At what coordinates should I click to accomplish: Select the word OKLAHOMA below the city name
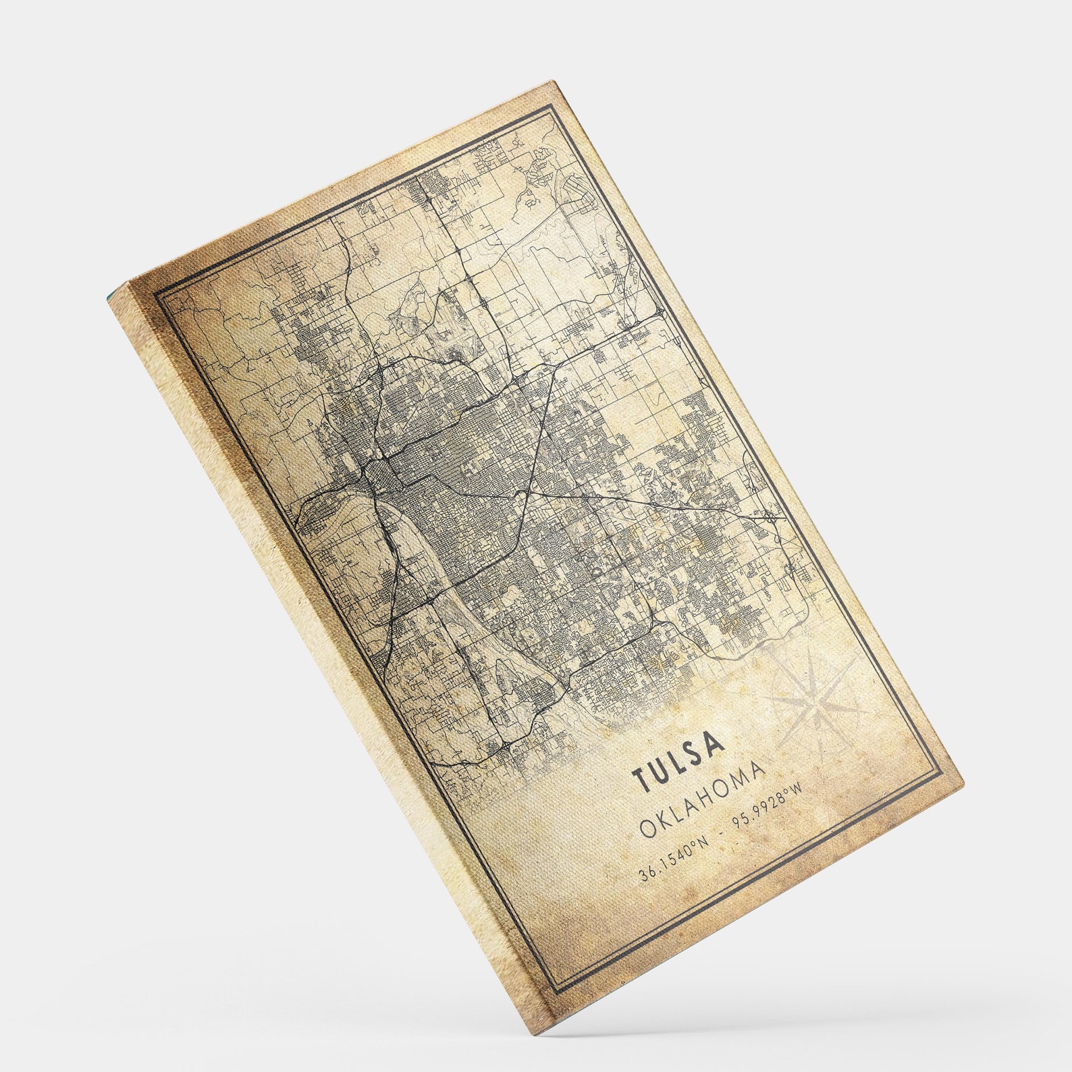[x=703, y=800]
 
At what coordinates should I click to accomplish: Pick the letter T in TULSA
[x=639, y=780]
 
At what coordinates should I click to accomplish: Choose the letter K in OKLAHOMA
[x=665, y=820]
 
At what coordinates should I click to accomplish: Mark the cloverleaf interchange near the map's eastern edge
[x=772, y=518]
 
